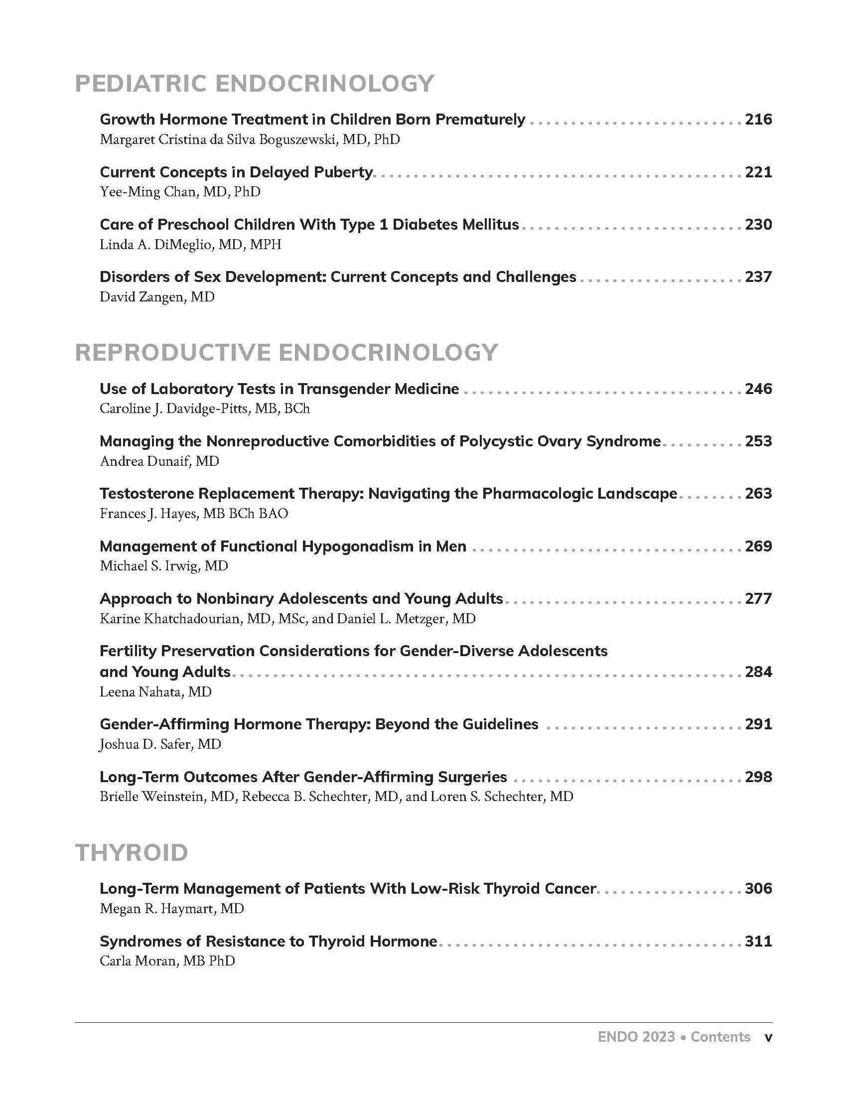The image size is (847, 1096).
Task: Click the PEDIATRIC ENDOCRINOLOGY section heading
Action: [255, 83]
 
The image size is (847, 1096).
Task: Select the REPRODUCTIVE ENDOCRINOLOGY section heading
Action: [286, 352]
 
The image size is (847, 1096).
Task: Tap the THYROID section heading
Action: [132, 852]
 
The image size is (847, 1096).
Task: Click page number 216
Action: [758, 120]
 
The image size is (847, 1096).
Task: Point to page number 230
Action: [758, 224]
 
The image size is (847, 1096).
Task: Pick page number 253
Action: [758, 441]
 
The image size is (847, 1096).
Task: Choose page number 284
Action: [758, 672]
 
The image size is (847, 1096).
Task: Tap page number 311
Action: [758, 941]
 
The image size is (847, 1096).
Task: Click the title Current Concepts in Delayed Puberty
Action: [236, 172]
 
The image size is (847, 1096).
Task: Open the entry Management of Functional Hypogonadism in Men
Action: [283, 546]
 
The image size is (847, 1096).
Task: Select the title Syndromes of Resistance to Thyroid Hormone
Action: [269, 941]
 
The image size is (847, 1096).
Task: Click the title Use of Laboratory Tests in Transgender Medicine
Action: [280, 389]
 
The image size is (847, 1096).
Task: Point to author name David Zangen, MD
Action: [157, 297]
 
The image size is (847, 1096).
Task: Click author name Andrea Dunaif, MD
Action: [159, 461]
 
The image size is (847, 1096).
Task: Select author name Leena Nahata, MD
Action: [155, 692]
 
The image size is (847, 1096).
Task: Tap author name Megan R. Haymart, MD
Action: [171, 909]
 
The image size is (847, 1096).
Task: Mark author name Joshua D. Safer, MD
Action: [160, 744]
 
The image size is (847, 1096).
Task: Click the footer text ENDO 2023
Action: [636, 1037]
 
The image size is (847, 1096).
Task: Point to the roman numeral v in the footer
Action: [768, 1037]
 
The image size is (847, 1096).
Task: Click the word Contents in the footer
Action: [720, 1037]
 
